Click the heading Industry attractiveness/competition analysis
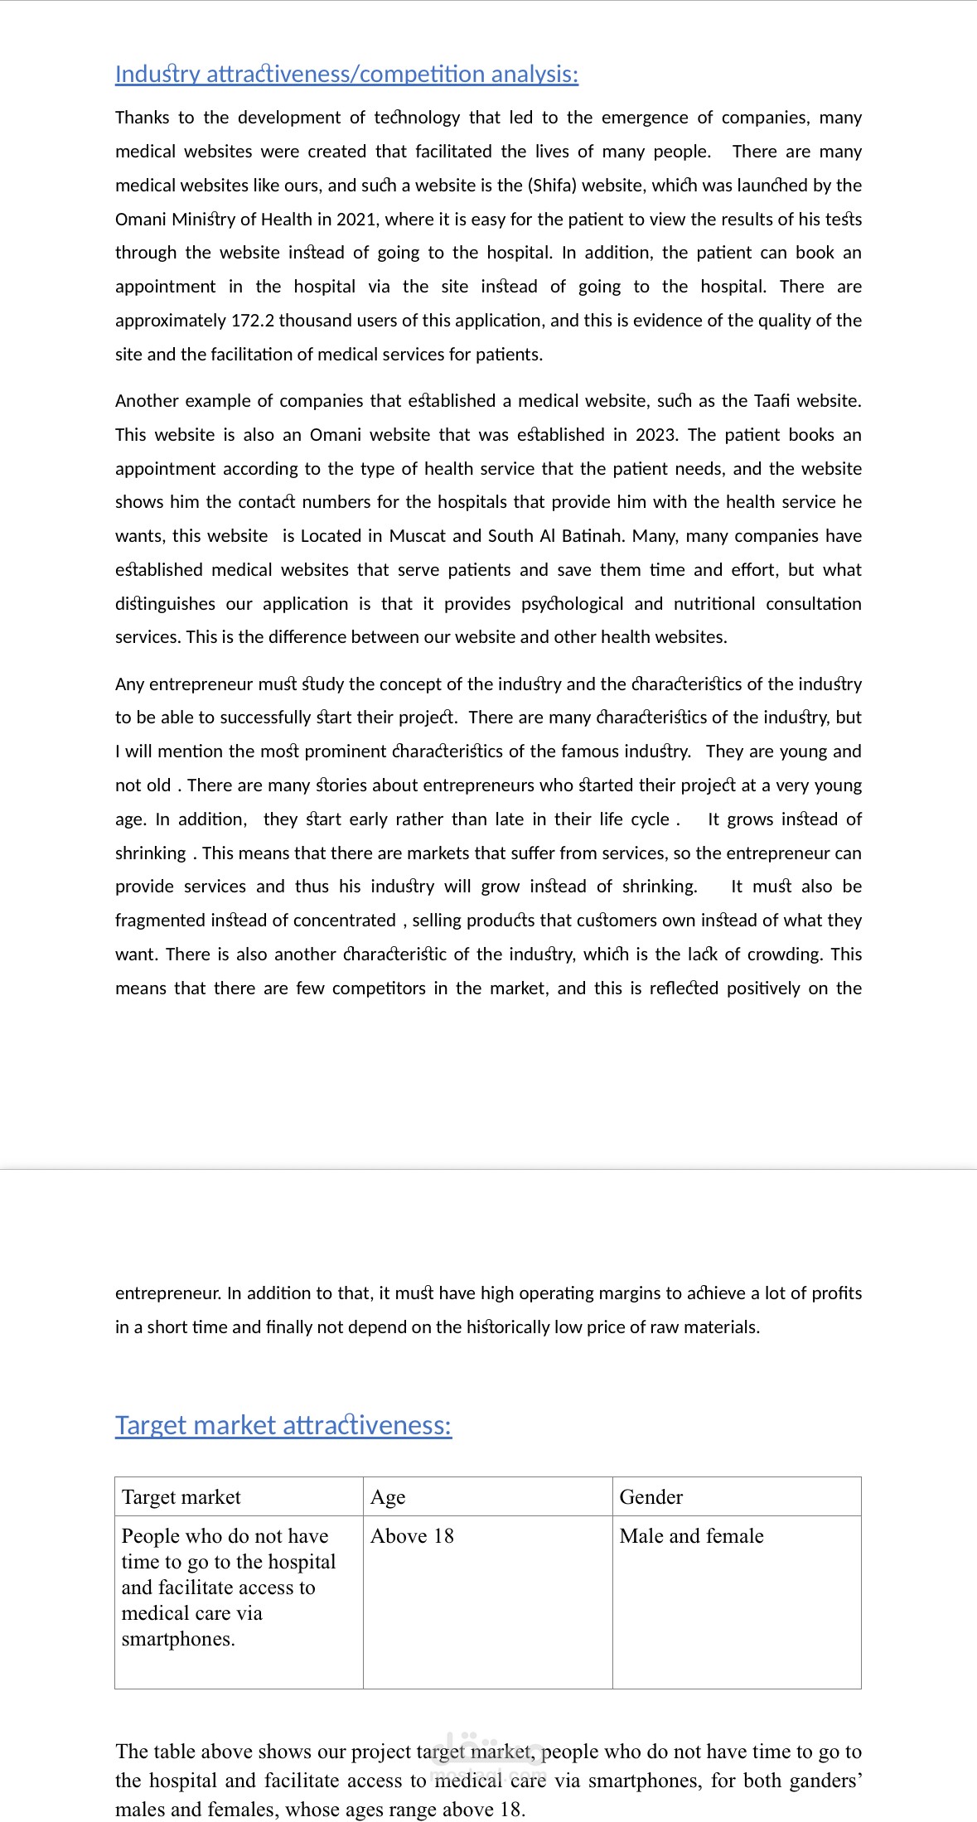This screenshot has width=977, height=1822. [x=346, y=75]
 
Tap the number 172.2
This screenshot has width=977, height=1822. [x=253, y=321]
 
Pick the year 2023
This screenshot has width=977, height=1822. [x=656, y=435]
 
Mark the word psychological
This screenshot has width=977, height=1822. [x=572, y=604]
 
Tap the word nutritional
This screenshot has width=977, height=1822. [x=714, y=604]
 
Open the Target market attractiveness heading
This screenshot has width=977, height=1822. [x=283, y=1425]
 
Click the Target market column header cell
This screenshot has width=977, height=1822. [x=181, y=1496]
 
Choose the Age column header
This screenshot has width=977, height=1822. [x=388, y=1496]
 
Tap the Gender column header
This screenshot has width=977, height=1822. [x=651, y=1496]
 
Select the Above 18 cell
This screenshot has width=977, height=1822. [x=412, y=1535]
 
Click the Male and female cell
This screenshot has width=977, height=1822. [x=691, y=1535]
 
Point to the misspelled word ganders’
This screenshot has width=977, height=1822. [x=821, y=1780]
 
